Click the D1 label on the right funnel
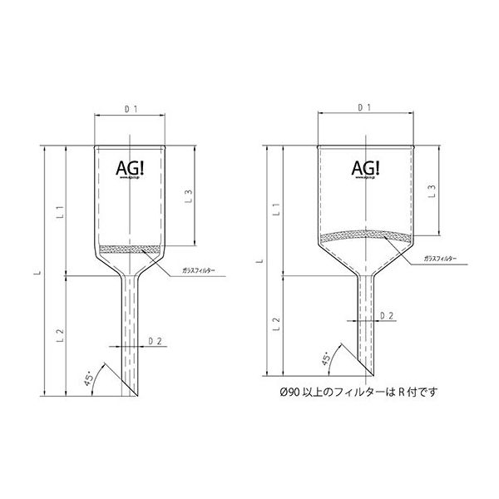coord(363,107)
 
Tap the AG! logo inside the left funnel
coord(131,167)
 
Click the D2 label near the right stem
coord(387,317)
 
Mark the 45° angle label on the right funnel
coord(328,359)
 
